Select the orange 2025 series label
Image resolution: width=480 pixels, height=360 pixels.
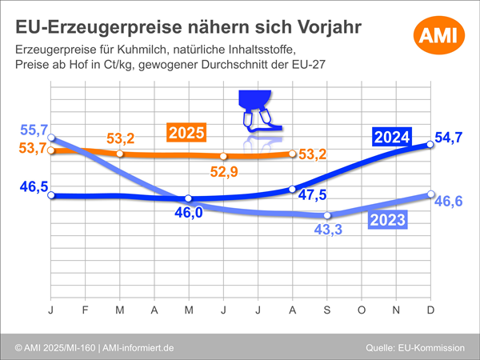pos(186,132)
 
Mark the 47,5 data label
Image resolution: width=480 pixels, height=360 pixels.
pos(311,194)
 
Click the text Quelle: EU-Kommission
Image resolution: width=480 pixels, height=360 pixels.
pos(415,347)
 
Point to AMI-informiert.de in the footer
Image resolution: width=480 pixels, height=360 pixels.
pos(140,347)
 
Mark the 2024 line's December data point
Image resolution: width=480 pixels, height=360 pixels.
pos(430,144)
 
